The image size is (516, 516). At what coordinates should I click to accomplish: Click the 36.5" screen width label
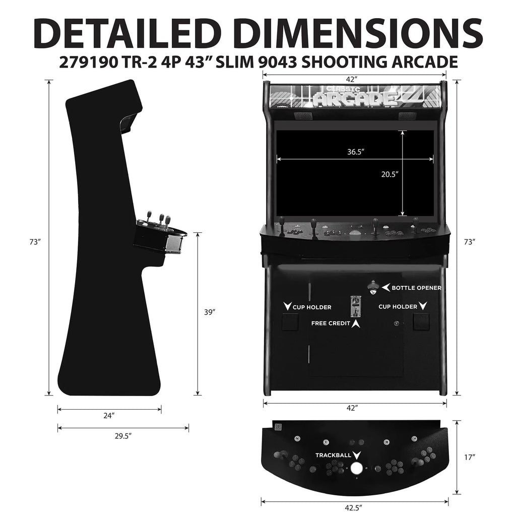[x=356, y=151]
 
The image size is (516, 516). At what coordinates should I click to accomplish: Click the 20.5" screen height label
[x=390, y=174]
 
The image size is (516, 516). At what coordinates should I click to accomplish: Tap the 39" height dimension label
[x=210, y=312]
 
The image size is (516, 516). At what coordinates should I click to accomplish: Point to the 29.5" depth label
[x=123, y=436]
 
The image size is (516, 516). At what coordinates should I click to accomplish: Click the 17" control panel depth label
[x=470, y=458]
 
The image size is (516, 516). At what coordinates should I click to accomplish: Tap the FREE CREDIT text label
[x=331, y=324]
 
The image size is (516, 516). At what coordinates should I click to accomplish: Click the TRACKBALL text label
[x=333, y=456]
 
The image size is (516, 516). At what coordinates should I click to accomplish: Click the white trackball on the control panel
[x=356, y=468]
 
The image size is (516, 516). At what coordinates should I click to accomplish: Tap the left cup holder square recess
[x=290, y=321]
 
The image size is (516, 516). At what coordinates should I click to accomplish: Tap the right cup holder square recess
[x=421, y=321]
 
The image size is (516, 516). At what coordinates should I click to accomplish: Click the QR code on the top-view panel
[x=278, y=426]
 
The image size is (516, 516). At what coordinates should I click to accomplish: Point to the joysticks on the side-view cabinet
[x=157, y=219]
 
